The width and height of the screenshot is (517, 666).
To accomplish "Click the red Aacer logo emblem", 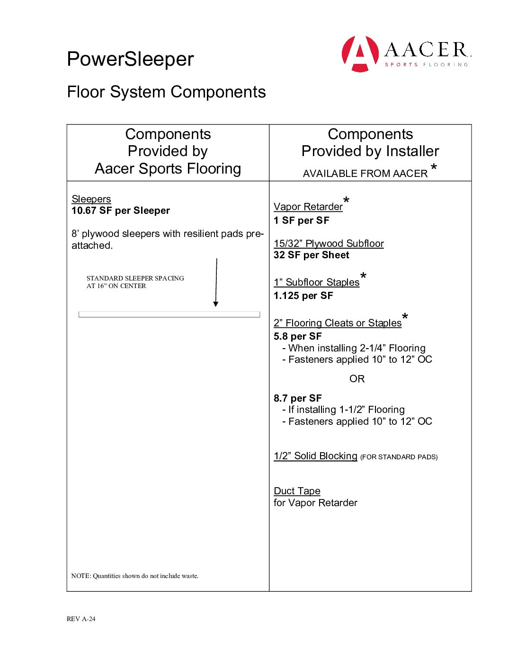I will pyautogui.click(x=360, y=53).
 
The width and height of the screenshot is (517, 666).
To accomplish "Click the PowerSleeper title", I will pyautogui.click(x=130, y=59).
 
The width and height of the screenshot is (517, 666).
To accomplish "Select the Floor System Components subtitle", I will pyautogui.click(x=166, y=92).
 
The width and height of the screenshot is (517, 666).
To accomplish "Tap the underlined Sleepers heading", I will pyautogui.click(x=91, y=199).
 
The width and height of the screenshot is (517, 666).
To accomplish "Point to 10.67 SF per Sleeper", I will pyautogui.click(x=121, y=210).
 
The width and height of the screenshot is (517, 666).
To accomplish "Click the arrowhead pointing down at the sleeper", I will pyautogui.click(x=216, y=304).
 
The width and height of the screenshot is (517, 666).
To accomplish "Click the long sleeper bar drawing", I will pyautogui.click(x=169, y=314).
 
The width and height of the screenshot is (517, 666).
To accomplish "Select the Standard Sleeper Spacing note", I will pyautogui.click(x=135, y=282).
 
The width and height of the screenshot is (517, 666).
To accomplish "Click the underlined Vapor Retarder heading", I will pyautogui.click(x=308, y=207).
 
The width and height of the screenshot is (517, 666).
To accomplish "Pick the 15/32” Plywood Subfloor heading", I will pyautogui.click(x=329, y=244).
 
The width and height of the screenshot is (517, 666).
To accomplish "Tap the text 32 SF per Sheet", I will pyautogui.click(x=312, y=255).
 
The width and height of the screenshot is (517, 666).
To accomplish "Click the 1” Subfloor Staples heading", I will pyautogui.click(x=316, y=282).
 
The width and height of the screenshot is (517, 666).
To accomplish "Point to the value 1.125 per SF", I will pyautogui.click(x=303, y=296).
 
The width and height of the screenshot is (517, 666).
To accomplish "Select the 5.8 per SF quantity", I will pyautogui.click(x=298, y=336).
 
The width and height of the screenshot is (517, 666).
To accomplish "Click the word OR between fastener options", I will pyautogui.click(x=357, y=379).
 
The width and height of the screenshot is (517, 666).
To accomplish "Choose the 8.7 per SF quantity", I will pyautogui.click(x=298, y=398).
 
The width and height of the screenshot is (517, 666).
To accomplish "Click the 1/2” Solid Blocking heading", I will pyautogui.click(x=315, y=456).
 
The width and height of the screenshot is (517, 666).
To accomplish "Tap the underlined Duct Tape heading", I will pyautogui.click(x=297, y=491).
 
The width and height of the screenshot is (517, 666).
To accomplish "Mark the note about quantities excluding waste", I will pyautogui.click(x=135, y=576).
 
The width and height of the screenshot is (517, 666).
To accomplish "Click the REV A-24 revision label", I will pyautogui.click(x=81, y=619).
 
